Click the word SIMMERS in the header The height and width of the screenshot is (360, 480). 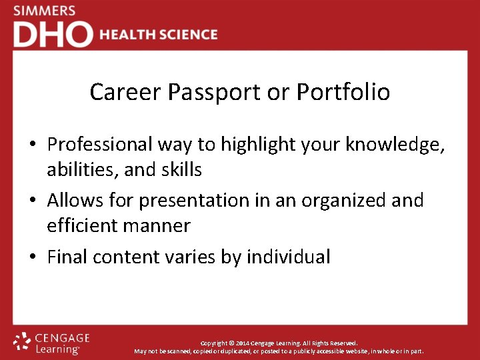[x=44, y=11]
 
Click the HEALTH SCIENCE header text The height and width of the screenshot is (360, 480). [x=159, y=35]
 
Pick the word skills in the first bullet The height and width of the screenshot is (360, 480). [x=180, y=170]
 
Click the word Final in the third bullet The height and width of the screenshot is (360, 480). [x=67, y=257]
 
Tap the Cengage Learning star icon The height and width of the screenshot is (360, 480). [x=22, y=341]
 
